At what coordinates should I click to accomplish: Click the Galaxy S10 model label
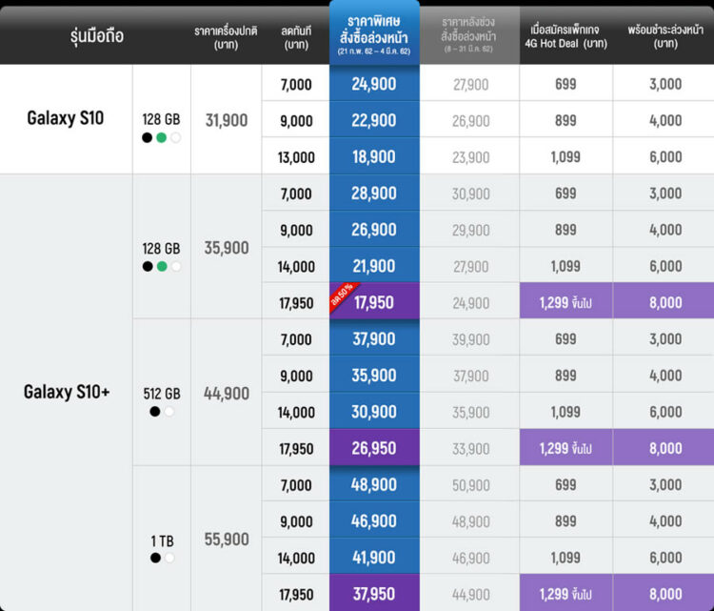pyautogui.click(x=66, y=119)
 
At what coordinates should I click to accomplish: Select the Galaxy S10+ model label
pyautogui.click(x=67, y=392)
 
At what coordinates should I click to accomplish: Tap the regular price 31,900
pyautogui.click(x=227, y=120)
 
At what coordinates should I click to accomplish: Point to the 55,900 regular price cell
pyautogui.click(x=227, y=540)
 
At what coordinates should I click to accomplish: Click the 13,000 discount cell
pyautogui.click(x=296, y=157)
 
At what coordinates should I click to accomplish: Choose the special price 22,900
pyautogui.click(x=374, y=121)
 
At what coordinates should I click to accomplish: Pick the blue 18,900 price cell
pyautogui.click(x=374, y=157)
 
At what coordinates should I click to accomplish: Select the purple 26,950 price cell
pyautogui.click(x=374, y=449)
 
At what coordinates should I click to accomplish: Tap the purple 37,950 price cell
pyautogui.click(x=374, y=594)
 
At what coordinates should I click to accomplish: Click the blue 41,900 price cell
pyautogui.click(x=374, y=558)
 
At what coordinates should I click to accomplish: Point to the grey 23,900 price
pyautogui.click(x=470, y=157)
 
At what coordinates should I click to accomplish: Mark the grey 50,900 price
pyautogui.click(x=470, y=485)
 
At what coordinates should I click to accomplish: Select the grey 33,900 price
pyautogui.click(x=470, y=449)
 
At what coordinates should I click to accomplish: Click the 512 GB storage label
pyautogui.click(x=162, y=394)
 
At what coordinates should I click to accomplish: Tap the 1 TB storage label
pyautogui.click(x=162, y=540)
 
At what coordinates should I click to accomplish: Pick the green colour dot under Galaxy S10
pyautogui.click(x=162, y=137)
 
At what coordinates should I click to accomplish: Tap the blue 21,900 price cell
pyautogui.click(x=374, y=266)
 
